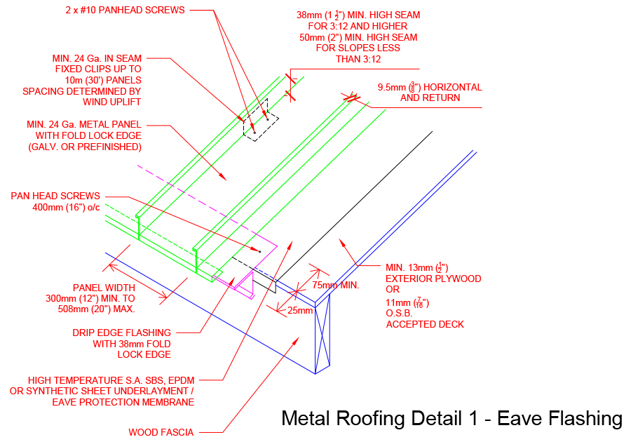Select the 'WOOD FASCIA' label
161,432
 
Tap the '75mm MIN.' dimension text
335,285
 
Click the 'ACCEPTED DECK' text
425,324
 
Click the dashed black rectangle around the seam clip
260,124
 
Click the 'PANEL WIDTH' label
103,288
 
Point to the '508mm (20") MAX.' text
96,309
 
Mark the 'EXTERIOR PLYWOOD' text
433,279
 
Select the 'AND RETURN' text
430,98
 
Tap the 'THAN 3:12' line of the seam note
358,59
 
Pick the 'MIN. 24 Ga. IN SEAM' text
97,58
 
